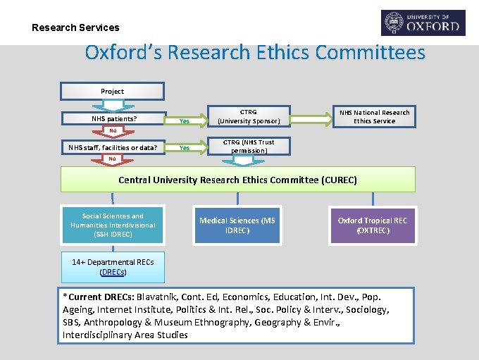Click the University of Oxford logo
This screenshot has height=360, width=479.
[x=423, y=23]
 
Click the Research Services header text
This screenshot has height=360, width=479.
[x=75, y=27]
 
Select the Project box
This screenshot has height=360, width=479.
[x=112, y=91]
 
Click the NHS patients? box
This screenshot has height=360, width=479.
[x=113, y=118]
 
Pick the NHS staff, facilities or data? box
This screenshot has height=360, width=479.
[x=113, y=147]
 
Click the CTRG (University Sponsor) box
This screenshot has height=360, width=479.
[x=248, y=116]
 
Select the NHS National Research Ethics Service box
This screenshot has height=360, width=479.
[x=374, y=116]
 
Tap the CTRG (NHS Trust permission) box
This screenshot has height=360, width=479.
[x=248, y=146]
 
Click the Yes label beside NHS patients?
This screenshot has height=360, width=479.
[x=185, y=120]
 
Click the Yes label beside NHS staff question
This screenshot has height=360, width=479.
[x=185, y=148]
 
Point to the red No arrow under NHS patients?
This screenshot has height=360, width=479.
[x=113, y=131]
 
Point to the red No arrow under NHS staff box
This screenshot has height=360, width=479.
[x=113, y=159]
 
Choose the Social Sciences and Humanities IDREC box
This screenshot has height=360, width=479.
[x=113, y=225]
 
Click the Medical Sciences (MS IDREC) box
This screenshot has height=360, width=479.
[x=237, y=225]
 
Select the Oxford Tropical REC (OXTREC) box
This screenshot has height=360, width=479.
[x=373, y=225]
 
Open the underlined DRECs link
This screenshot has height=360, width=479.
[x=113, y=272]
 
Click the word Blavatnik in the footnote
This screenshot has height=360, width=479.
[x=160, y=297]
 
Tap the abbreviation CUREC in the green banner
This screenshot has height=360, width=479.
[x=338, y=180]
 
